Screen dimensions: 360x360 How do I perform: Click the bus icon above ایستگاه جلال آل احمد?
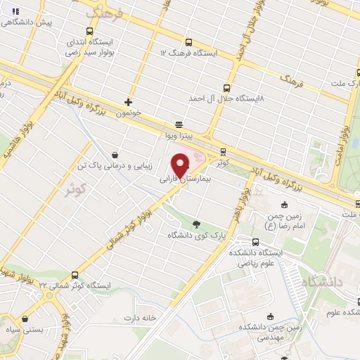tap(226, 88)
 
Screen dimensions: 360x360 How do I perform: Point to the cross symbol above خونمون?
tap(128, 102)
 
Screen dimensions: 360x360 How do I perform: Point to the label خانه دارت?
tap(158, 317)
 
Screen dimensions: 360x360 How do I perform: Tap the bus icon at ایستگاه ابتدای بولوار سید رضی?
tap(89, 31)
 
